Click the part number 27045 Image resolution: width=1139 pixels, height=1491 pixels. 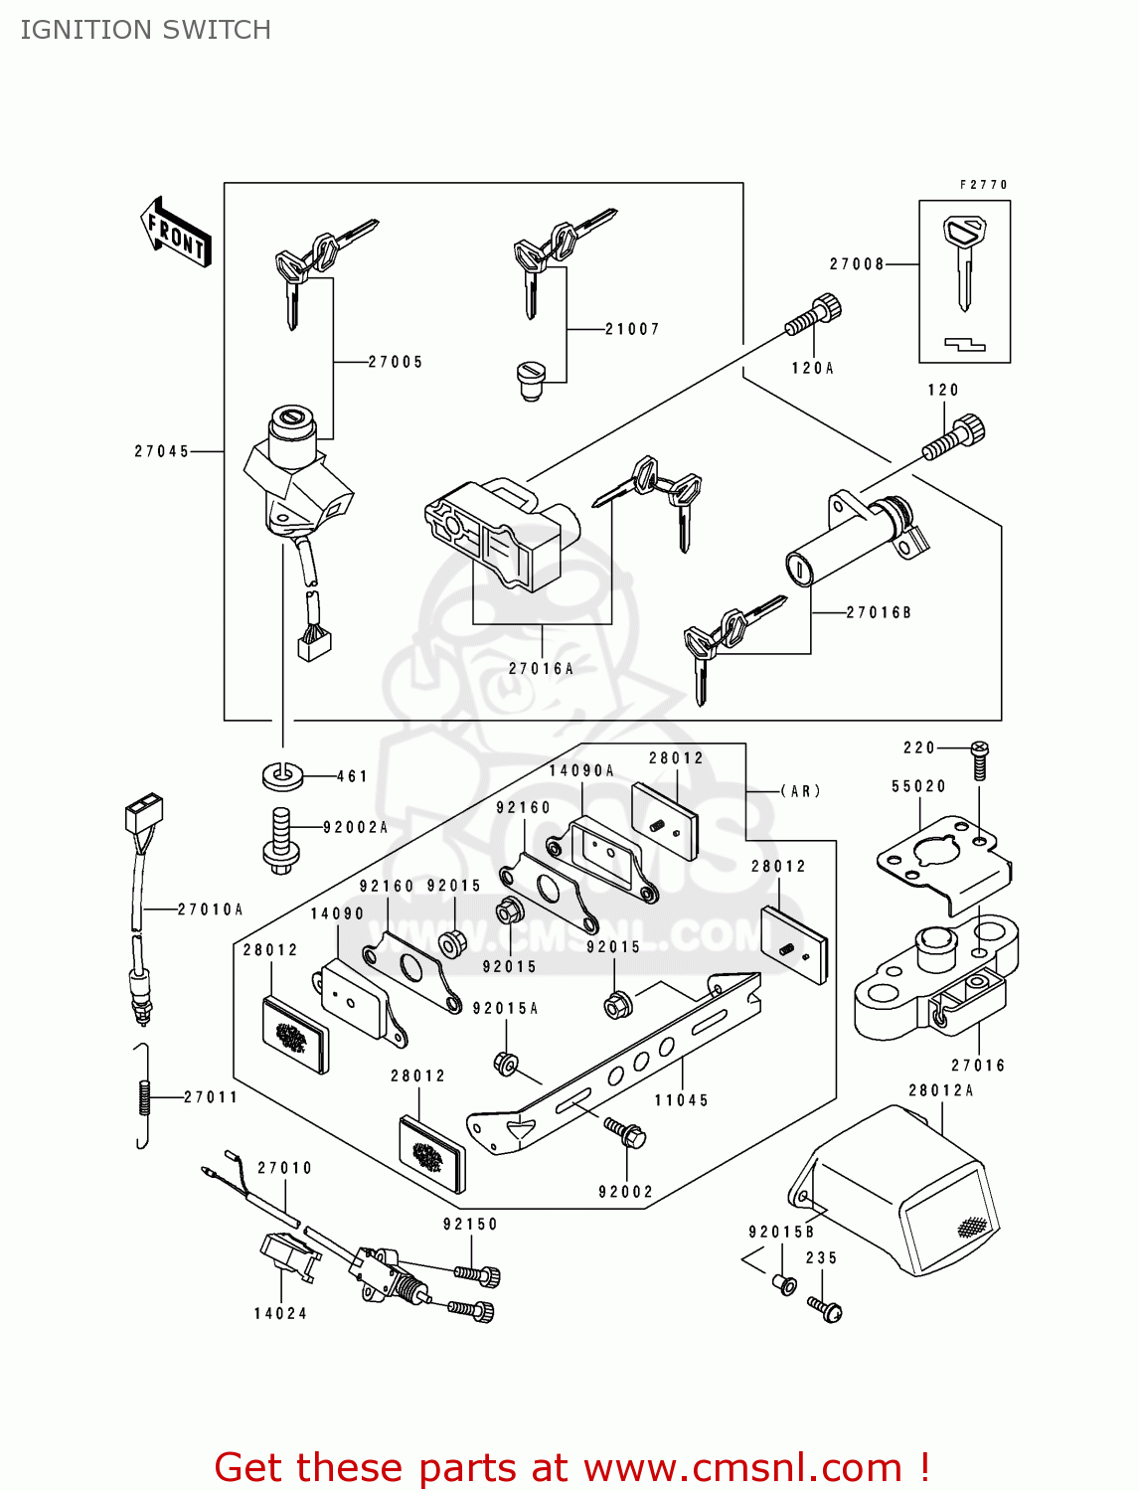pos(162,451)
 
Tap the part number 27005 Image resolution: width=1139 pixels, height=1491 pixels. pos(396,362)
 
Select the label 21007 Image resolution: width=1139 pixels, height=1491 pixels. pos(632,329)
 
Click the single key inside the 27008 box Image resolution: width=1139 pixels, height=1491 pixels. pos(962,260)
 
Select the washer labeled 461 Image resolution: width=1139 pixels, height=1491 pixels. pos(284,774)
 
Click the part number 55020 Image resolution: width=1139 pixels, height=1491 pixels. pos(918,786)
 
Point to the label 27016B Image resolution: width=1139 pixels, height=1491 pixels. pos(879,612)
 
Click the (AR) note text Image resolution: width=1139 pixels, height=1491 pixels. pos(800,791)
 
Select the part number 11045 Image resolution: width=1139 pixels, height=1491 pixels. pos(681,1100)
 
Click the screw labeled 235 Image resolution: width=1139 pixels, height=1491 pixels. pos(825,1307)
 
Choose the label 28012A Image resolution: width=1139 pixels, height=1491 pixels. pos(940,1090)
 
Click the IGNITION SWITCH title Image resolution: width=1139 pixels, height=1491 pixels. pos(146,30)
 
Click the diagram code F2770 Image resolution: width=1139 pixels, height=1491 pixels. pos(983,185)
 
